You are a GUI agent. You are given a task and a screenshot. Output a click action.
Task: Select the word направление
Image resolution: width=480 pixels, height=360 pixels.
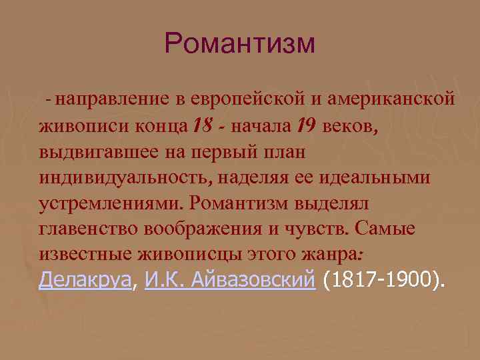click(107, 99)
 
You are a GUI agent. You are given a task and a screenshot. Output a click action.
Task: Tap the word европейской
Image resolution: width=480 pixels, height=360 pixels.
click(247, 99)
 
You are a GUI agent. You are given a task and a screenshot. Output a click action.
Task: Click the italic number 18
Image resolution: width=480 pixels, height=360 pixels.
click(201, 125)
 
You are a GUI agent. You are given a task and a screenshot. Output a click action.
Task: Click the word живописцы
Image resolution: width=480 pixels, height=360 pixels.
click(180, 255)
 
